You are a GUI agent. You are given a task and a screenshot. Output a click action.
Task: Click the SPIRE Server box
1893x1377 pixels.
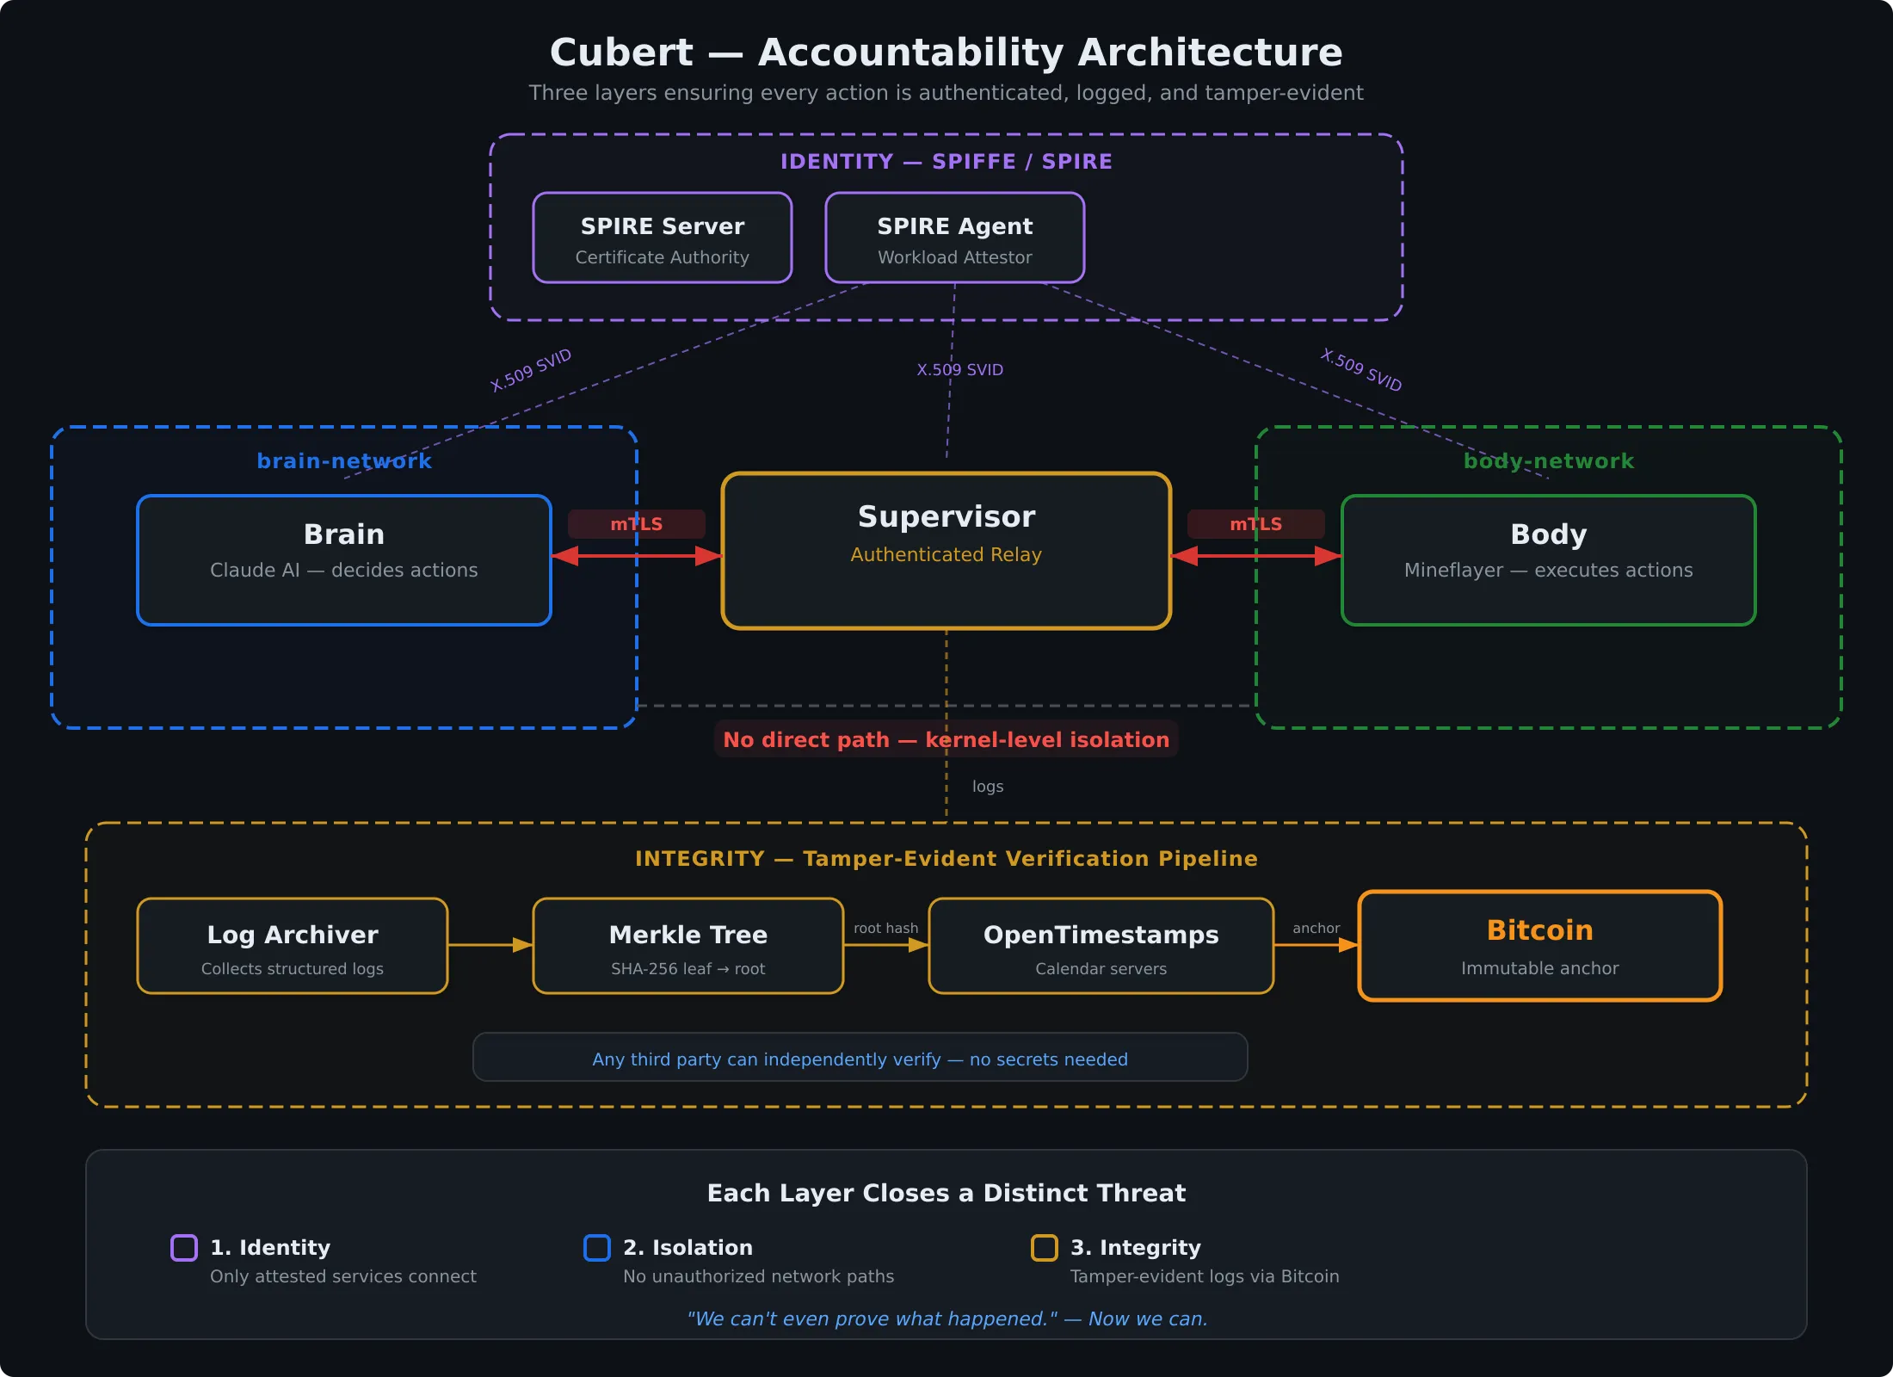[x=662, y=238]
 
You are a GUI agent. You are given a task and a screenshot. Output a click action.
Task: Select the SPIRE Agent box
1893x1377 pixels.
[x=954, y=238]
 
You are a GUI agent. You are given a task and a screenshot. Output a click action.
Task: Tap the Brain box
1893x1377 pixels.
[x=343, y=559]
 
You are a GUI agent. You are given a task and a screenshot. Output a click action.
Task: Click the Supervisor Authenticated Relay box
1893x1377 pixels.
[x=946, y=551]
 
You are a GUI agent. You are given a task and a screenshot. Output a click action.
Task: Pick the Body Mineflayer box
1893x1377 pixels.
[x=1548, y=559]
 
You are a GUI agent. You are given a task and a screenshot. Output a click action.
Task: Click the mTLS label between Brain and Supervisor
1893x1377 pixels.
[x=636, y=524]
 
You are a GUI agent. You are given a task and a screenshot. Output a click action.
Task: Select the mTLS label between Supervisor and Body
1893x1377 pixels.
[x=1255, y=524]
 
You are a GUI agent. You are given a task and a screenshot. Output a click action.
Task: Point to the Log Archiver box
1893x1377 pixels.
[x=292, y=946]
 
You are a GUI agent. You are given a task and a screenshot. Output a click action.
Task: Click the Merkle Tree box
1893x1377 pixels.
[x=688, y=946]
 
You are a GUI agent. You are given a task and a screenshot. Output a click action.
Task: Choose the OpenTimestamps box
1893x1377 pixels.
[x=1101, y=946]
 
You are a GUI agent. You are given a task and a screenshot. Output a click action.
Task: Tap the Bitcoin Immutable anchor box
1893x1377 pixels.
[x=1539, y=946]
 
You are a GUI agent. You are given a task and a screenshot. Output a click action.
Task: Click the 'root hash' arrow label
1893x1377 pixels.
[x=885, y=928]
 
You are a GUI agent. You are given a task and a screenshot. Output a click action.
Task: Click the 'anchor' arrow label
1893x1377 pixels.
[x=1316, y=928]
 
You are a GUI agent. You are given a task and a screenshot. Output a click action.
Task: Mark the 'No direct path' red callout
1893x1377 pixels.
[x=946, y=739]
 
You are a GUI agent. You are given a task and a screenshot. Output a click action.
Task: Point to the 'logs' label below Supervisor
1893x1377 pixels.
[x=987, y=787]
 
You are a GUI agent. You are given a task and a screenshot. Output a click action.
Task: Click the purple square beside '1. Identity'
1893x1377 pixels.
[x=184, y=1248]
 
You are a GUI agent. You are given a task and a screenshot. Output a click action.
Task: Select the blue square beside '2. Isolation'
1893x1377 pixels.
[x=597, y=1248]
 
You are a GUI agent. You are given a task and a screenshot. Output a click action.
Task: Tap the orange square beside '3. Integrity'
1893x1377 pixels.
[x=1044, y=1248]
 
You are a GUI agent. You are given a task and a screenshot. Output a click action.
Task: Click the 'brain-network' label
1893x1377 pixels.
[x=344, y=461]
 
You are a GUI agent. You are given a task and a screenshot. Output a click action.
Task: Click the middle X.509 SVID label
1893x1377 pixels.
[x=959, y=370]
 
